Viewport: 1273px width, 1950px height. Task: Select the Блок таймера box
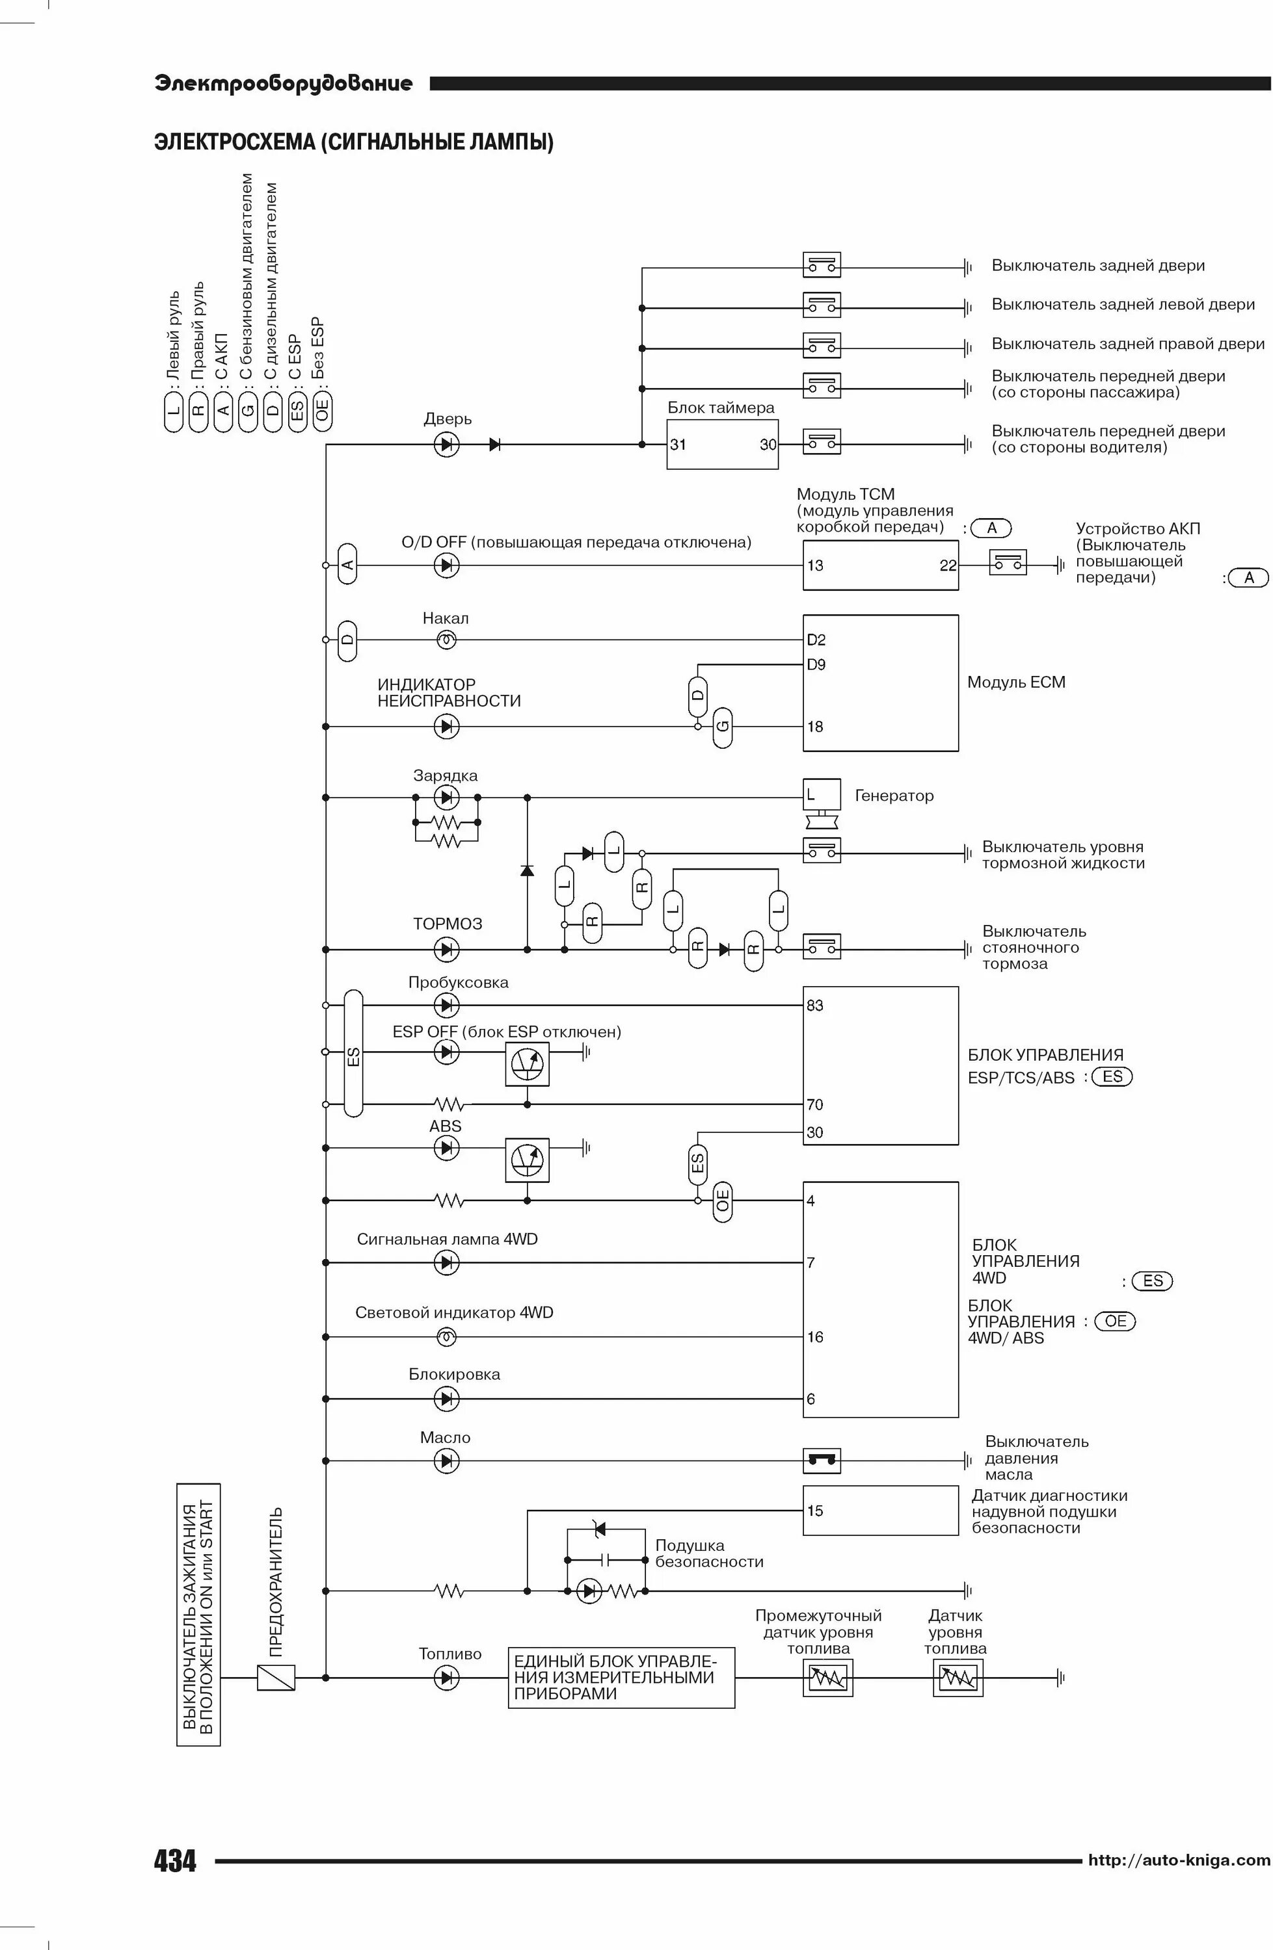click(x=721, y=444)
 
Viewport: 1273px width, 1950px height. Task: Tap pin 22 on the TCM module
click(x=948, y=565)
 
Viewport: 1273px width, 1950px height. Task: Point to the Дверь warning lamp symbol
click(x=446, y=445)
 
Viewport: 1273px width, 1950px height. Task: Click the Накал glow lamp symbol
click(x=446, y=640)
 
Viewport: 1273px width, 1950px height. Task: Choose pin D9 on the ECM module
click(x=816, y=664)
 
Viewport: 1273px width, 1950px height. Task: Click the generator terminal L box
click(x=820, y=795)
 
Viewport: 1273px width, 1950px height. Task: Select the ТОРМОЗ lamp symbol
click(x=446, y=950)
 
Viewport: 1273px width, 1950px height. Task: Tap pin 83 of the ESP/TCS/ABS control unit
click(x=815, y=1006)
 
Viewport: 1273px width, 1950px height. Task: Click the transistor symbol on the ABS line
click(x=526, y=1160)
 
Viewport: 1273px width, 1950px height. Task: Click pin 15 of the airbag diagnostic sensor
click(x=815, y=1510)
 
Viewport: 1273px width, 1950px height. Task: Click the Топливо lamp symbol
click(x=446, y=1678)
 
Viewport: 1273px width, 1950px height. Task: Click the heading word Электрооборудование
click(x=284, y=84)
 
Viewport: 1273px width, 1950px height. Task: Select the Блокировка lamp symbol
click(x=446, y=1399)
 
